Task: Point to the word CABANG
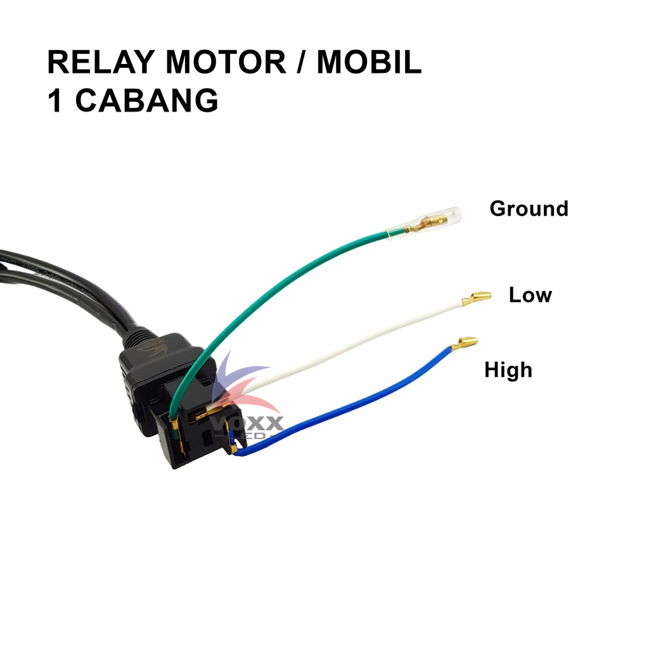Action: (146, 101)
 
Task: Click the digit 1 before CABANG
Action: (55, 101)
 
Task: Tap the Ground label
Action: (529, 209)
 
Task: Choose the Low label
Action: (530, 295)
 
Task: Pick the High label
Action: (508, 369)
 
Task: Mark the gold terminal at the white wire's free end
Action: (477, 298)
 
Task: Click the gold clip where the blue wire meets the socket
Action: (233, 446)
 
